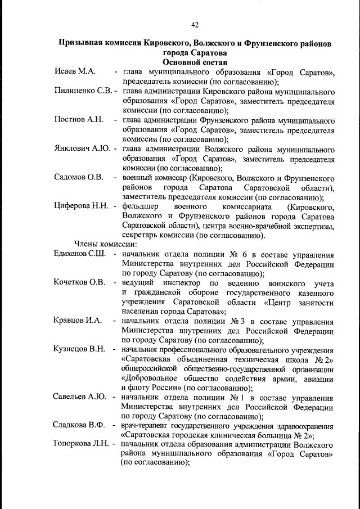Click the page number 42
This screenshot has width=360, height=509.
click(x=195, y=24)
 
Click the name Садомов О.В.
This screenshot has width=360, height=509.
click(x=79, y=178)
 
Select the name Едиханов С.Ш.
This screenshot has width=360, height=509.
click(x=82, y=254)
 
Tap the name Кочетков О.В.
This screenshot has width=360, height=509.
click(x=80, y=282)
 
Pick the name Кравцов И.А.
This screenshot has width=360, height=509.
click(x=78, y=321)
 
